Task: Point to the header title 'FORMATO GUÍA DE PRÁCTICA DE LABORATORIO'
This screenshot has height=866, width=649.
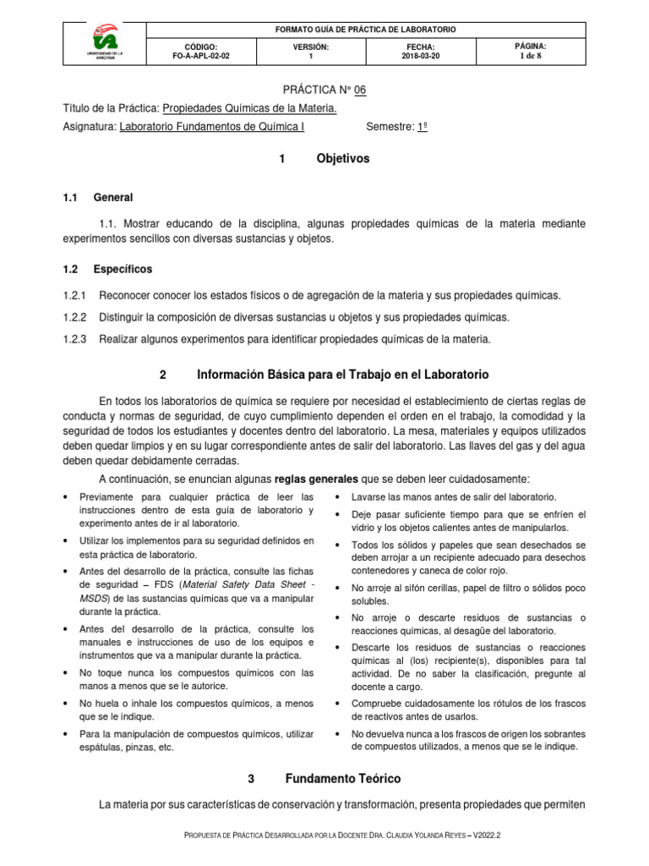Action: point(366,29)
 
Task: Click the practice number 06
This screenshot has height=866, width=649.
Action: point(360,89)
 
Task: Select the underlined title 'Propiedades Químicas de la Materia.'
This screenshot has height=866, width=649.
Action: point(249,108)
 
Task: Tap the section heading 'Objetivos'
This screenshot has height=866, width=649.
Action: point(342,158)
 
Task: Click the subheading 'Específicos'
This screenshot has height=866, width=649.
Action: point(123,269)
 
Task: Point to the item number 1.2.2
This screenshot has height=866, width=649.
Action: point(76,317)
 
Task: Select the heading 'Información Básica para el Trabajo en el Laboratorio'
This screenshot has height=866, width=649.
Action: point(342,374)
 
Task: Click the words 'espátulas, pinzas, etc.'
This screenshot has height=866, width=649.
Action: point(126,748)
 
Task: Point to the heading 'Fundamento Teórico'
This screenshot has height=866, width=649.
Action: point(342,778)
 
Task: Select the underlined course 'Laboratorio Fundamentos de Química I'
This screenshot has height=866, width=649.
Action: point(212,127)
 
